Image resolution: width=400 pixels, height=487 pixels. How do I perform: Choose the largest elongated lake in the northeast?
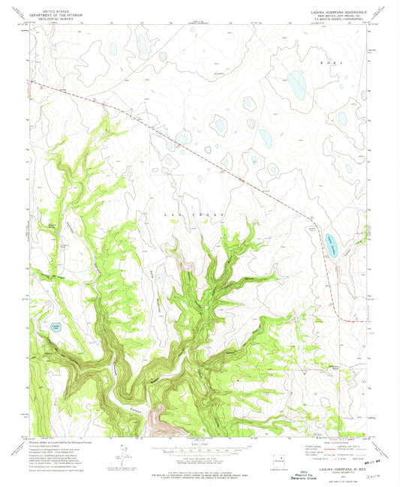coord(296,86)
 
